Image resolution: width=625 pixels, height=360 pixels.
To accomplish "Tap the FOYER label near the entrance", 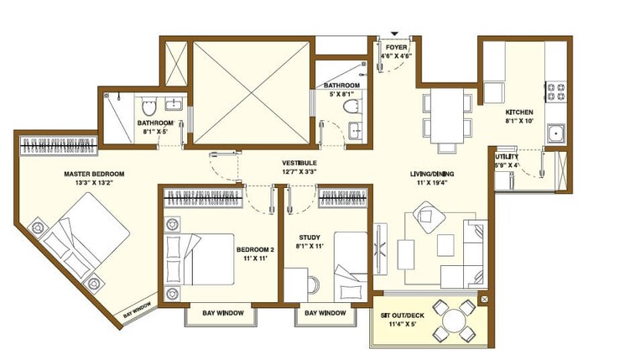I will click(396, 48).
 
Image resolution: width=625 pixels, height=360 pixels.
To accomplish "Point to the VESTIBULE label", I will click(299, 163).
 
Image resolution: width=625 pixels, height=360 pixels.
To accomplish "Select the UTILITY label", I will click(506, 157).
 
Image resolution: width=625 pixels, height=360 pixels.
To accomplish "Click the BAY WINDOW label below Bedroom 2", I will click(224, 313).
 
